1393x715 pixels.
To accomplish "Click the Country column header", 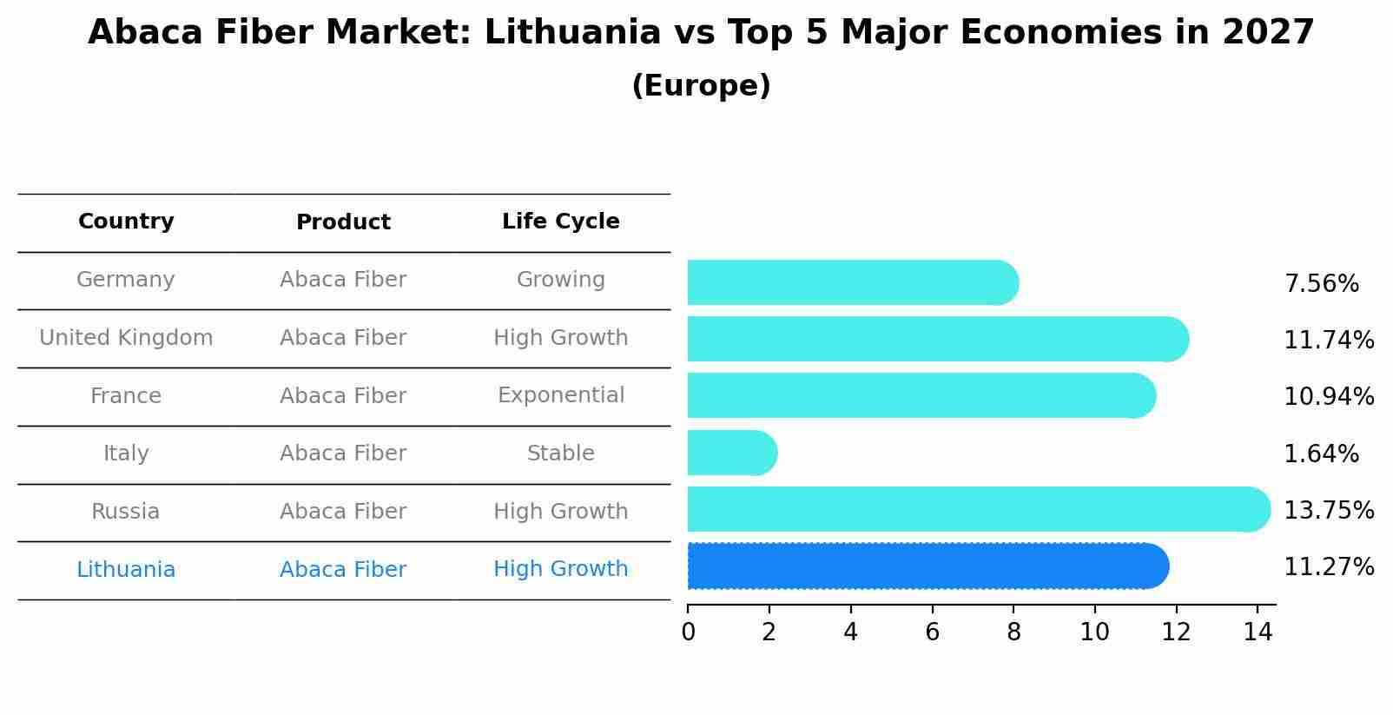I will pyautogui.click(x=126, y=222).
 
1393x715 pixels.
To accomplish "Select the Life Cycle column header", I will pyautogui.click(x=560, y=222).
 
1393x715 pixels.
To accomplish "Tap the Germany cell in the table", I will pyautogui.click(x=126, y=280).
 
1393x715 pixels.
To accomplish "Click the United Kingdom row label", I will pyautogui.click(x=126, y=338).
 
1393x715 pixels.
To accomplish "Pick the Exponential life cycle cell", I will pyautogui.click(x=560, y=395).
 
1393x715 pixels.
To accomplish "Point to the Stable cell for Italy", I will pyautogui.click(x=560, y=453).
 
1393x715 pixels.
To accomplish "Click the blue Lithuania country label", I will pyautogui.click(x=126, y=570).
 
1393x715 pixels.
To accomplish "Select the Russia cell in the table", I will pyautogui.click(x=126, y=512).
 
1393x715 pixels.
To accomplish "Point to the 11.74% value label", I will pyautogui.click(x=1328, y=340).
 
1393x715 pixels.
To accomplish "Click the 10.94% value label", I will pyautogui.click(x=1328, y=397).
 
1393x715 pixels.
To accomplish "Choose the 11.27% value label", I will pyautogui.click(x=1328, y=567).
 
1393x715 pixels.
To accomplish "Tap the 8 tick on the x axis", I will pyautogui.click(x=1013, y=632).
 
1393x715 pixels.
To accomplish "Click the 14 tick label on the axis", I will pyautogui.click(x=1257, y=632).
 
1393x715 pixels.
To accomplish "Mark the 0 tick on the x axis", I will pyautogui.click(x=688, y=632).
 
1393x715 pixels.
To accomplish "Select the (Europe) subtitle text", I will pyautogui.click(x=701, y=86).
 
